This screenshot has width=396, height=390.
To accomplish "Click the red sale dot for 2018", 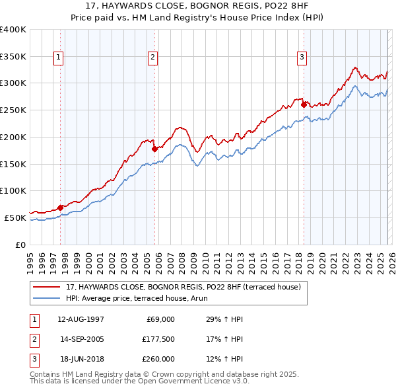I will click(304, 104).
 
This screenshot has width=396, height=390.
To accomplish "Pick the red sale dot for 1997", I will click(60, 208).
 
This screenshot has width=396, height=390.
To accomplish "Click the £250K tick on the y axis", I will click(13, 110).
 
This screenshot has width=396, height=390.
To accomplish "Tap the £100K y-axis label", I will click(13, 190).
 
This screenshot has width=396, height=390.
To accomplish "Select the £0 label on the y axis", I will click(20, 245).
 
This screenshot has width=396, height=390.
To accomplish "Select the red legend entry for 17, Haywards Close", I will click(183, 287).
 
